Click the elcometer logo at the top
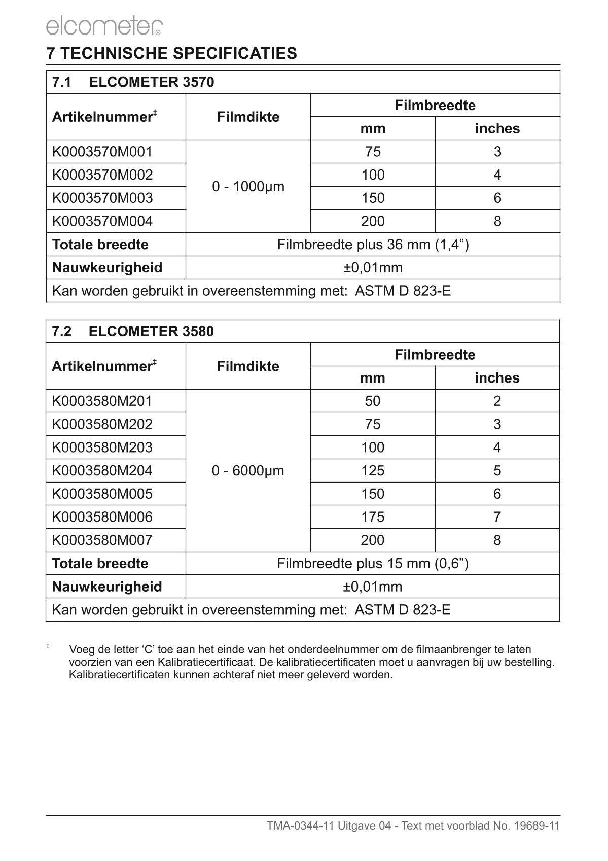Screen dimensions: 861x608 coord(104,26)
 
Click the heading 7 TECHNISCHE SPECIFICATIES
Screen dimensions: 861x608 coord(171,53)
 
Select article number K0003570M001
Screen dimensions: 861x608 coord(102,152)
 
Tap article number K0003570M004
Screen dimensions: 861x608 coord(102,221)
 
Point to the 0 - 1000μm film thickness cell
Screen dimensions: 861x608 coord(248,187)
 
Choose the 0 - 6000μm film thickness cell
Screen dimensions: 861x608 coord(248,471)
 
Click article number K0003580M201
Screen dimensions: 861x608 coord(102,401)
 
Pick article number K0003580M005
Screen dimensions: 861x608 coord(102,494)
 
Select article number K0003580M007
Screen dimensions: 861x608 coord(102,540)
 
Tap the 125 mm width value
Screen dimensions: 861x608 coord(372,471)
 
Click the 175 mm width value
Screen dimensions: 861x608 coord(372,517)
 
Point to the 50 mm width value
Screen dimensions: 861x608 coord(372,401)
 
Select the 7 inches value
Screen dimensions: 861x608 coord(497,517)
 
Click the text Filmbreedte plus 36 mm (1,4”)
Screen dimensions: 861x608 coord(373,245)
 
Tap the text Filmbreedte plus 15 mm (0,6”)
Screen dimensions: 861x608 coord(373,563)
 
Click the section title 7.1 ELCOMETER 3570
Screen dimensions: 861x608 coord(133,82)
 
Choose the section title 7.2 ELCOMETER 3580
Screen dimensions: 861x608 coord(133,332)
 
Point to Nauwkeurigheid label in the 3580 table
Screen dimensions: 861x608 coord(107,587)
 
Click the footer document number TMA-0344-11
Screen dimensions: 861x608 coord(300,826)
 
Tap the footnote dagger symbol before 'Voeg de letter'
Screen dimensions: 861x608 coord(48,646)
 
